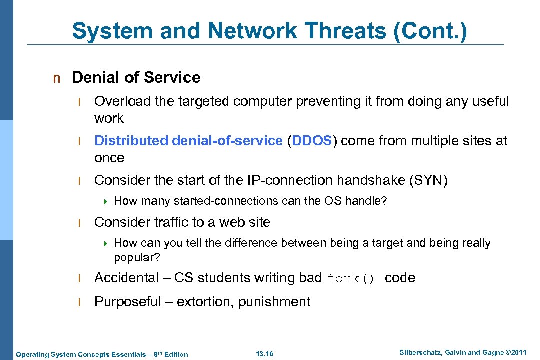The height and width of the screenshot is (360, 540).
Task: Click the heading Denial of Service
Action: click(136, 78)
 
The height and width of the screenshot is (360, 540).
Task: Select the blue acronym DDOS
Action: click(312, 141)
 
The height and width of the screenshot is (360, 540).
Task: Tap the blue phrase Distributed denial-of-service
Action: click(188, 141)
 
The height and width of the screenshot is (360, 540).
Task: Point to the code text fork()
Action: click(350, 279)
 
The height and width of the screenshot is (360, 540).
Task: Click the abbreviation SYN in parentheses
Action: click(428, 180)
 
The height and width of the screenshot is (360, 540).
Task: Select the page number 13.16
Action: click(264, 354)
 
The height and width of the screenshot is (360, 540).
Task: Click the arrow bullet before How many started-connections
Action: click(106, 202)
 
